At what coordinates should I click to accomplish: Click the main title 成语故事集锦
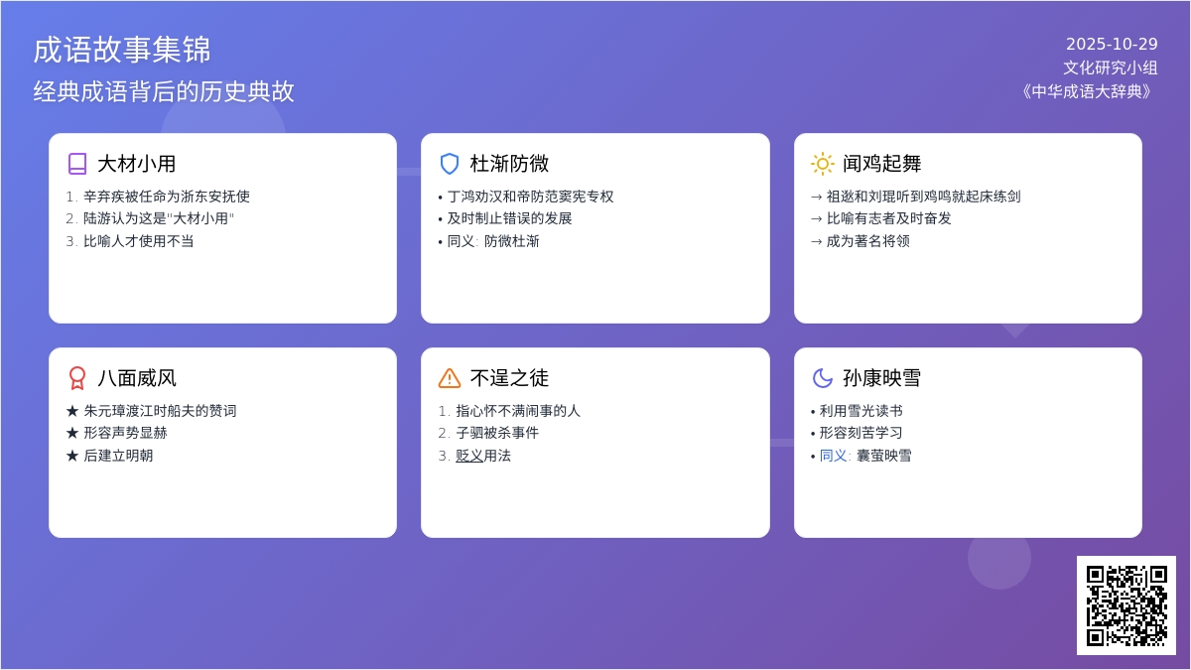(122, 50)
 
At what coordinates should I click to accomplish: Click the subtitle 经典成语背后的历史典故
(164, 91)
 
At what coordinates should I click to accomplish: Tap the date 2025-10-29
(1112, 44)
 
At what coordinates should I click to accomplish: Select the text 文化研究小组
(1111, 67)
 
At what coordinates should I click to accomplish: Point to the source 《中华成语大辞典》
(1087, 91)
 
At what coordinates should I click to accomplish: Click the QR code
(1126, 605)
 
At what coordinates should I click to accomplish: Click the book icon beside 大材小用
(77, 164)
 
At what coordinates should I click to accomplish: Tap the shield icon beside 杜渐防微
(450, 164)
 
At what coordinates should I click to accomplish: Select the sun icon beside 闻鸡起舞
(823, 164)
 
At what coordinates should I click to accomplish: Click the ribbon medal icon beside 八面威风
(77, 378)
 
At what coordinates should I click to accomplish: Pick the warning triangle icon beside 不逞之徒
(450, 378)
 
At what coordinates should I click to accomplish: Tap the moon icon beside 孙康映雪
(823, 378)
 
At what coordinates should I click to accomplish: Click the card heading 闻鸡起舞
(882, 164)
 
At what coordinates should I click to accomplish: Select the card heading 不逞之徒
(509, 378)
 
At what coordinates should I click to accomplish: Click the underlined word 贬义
(469, 456)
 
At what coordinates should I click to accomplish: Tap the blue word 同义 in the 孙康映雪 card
(834, 456)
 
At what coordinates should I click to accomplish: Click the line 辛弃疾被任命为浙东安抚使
(167, 197)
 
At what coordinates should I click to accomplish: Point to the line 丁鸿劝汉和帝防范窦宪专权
(531, 197)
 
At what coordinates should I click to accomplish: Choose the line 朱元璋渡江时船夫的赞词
(160, 411)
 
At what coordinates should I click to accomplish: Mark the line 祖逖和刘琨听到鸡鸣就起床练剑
(923, 197)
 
